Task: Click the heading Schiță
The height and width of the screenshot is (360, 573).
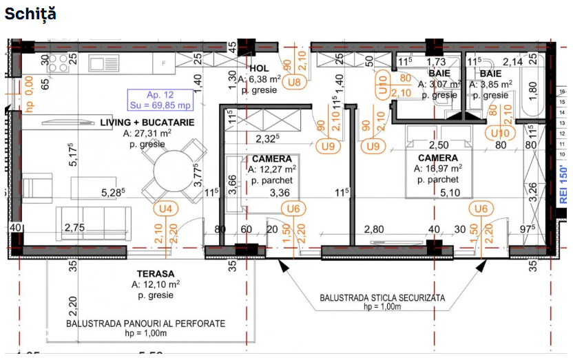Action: tap(31, 14)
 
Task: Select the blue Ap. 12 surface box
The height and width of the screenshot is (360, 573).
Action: tap(159, 100)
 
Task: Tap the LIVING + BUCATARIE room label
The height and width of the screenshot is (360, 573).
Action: tap(147, 122)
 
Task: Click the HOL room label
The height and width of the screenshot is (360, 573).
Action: tap(259, 68)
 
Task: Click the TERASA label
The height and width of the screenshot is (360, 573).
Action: tap(155, 273)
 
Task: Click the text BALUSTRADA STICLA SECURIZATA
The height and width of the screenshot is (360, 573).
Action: tap(382, 298)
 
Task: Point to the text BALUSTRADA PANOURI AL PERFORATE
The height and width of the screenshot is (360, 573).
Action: tap(145, 323)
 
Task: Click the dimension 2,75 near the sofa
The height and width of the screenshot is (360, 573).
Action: tap(75, 227)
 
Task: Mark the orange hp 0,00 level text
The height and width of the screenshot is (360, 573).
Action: tap(30, 94)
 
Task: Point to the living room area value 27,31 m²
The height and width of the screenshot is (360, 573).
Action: tap(147, 134)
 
